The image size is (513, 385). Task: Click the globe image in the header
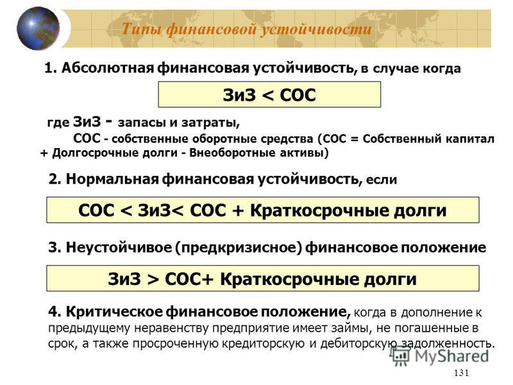[38, 28]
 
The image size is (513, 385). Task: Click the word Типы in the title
[141, 29]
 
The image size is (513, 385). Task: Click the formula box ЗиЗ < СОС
[269, 94]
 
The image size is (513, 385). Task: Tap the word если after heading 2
[382, 180]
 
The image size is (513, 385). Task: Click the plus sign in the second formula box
[238, 210]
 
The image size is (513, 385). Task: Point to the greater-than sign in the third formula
[153, 279]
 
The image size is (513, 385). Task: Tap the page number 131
[461, 373]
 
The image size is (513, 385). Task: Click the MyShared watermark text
[451, 356]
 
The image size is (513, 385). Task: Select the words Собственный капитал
[428, 139]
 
